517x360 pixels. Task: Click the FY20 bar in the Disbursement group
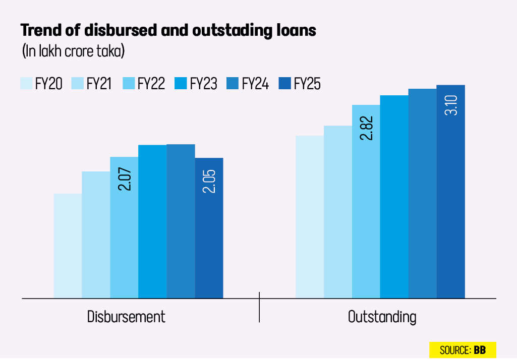click(68, 246)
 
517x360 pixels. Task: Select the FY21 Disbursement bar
click(96, 234)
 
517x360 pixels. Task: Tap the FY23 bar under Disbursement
click(152, 221)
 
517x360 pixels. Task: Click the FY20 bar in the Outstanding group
click(309, 217)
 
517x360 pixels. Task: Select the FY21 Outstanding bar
click(337, 212)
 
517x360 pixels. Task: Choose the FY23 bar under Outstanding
click(394, 197)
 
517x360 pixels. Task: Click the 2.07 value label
click(125, 179)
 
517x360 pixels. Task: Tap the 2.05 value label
click(209, 180)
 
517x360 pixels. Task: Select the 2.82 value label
click(366, 128)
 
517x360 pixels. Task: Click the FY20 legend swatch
click(26, 83)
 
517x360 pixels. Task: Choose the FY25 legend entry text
click(307, 83)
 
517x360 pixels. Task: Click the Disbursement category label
click(126, 317)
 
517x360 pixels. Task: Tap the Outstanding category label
click(382, 317)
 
